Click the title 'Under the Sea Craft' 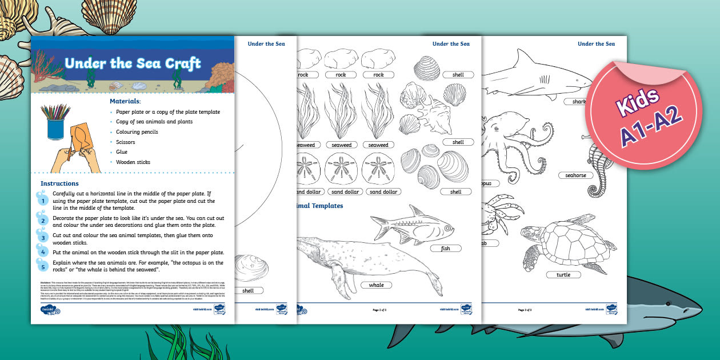(x=133, y=63)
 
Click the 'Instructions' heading (x=59, y=183)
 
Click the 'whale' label (x=376, y=285)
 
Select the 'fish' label (x=445, y=249)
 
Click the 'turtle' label (x=563, y=275)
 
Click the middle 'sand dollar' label (x=344, y=192)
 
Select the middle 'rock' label (x=341, y=75)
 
